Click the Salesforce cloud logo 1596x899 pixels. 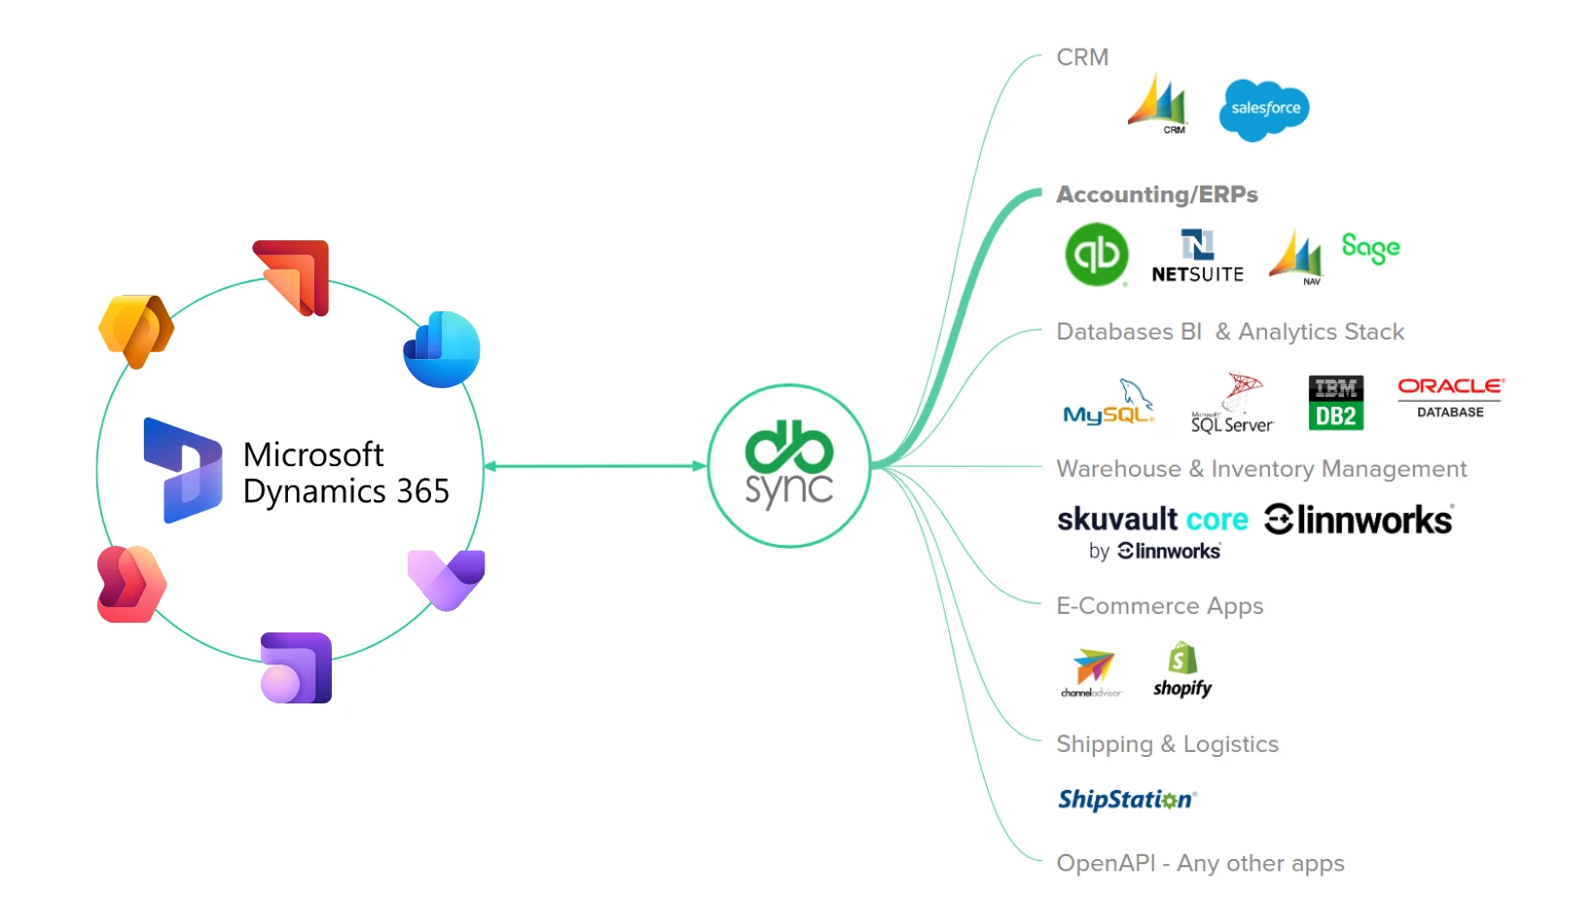[x=1263, y=109]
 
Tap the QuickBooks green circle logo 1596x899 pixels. [x=1097, y=255]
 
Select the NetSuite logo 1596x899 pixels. [x=1197, y=257]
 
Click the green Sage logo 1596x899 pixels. [x=1370, y=248]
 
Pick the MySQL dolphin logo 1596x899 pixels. [x=1108, y=404]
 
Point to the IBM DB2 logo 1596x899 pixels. [x=1335, y=403]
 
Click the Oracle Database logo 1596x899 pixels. [x=1450, y=397]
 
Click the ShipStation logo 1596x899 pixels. [x=1127, y=800]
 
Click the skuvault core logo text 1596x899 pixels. [x=1152, y=520]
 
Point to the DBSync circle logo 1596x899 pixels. [x=788, y=466]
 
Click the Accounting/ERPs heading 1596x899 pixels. [x=1156, y=195]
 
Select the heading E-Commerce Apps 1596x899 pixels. [x=1159, y=606]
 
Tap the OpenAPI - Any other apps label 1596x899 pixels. [x=1200, y=863]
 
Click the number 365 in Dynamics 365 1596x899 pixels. [x=422, y=491]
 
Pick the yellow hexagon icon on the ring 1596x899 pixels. [x=136, y=331]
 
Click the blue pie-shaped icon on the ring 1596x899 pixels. [x=442, y=349]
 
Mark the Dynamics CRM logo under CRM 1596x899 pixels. [x=1158, y=103]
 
